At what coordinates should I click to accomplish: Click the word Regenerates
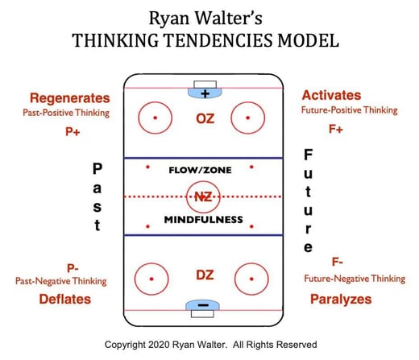[70, 98]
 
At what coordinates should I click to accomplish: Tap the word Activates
[331, 95]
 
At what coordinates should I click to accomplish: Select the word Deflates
[65, 299]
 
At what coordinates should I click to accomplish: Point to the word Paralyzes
[341, 300]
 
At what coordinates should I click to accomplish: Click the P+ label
[73, 132]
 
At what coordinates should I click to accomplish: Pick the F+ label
[336, 129]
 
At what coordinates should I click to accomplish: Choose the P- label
[73, 268]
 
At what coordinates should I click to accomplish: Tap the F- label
[338, 262]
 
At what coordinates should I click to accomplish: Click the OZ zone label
[205, 119]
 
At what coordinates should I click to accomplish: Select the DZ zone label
[205, 275]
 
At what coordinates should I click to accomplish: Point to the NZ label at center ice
[203, 197]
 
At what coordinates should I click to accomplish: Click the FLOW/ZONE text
[200, 170]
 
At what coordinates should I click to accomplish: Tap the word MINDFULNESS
[204, 220]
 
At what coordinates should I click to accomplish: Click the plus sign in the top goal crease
[205, 93]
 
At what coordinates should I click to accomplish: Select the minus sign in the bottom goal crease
[203, 305]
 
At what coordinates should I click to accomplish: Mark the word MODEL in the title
[309, 40]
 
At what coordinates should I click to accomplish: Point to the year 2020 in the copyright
[159, 345]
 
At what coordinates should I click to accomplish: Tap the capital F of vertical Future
[309, 155]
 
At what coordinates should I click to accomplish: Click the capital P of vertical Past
[97, 168]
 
